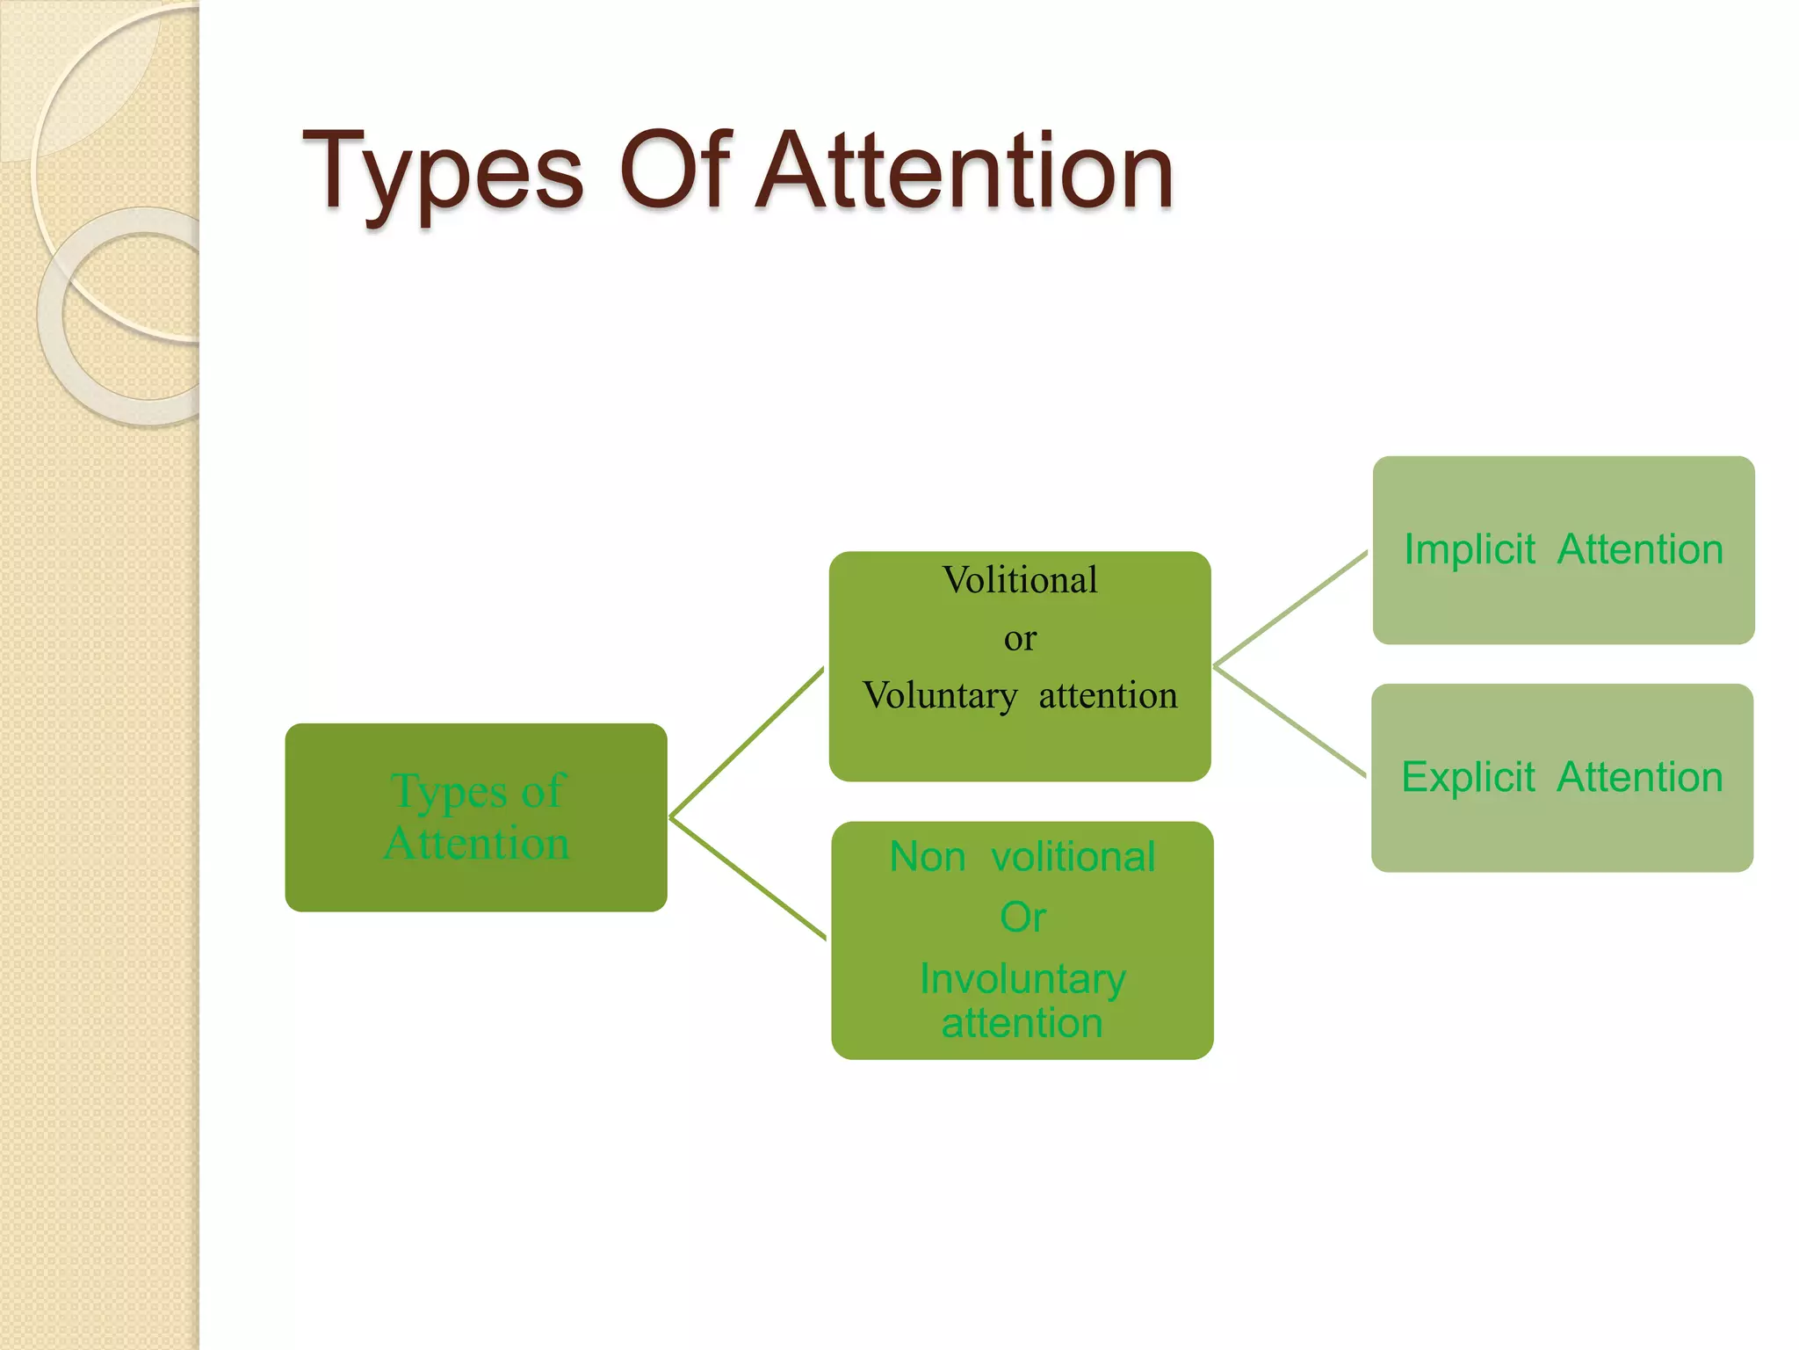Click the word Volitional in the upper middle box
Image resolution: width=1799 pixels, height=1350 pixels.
pos(1019,581)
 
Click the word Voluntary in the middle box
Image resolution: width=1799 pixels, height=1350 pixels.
pos(940,696)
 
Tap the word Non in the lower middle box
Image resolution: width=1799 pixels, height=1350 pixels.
pos(927,857)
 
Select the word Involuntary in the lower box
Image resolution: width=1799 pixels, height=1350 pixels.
pos(1022,979)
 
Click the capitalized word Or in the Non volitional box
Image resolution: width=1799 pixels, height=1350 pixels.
pos(1022,918)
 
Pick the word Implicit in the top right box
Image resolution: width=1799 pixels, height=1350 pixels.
pos(1469,550)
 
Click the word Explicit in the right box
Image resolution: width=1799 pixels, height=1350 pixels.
pos(1467,778)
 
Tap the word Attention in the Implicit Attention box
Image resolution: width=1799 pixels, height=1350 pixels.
pos(1640,550)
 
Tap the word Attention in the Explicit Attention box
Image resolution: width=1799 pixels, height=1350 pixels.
pos(1640,778)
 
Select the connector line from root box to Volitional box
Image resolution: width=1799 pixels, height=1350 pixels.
pos(747,743)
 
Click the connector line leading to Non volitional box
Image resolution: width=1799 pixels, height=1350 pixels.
pos(747,877)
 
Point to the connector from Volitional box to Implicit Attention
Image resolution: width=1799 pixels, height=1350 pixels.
pos(1290,608)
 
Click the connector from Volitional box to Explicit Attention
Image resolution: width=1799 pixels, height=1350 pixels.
pos(1290,721)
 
